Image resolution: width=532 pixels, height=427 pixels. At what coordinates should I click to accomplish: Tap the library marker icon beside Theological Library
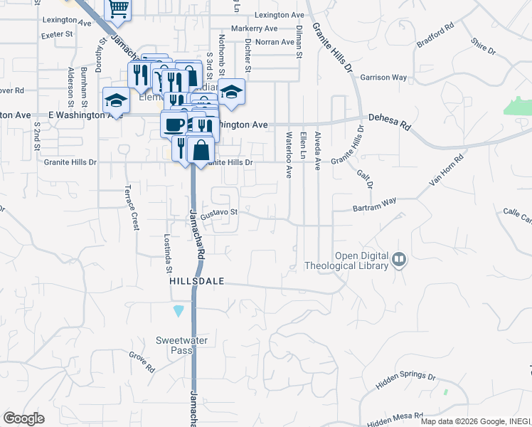click(x=399, y=260)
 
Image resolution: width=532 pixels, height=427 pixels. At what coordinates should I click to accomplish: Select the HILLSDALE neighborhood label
click(x=197, y=282)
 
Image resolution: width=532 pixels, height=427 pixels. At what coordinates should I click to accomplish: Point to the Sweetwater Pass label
click(x=183, y=345)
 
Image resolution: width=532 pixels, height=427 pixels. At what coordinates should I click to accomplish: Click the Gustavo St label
click(x=218, y=213)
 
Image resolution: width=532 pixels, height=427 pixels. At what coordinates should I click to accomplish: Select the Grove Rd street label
click(x=142, y=362)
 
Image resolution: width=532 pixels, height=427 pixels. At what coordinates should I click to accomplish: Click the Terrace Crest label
click(x=132, y=207)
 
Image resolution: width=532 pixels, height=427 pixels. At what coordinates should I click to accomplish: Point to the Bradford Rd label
click(x=435, y=38)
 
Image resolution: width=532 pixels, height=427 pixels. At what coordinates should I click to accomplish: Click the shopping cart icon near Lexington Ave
click(x=118, y=9)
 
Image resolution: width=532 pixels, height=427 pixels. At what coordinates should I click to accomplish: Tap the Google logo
click(x=24, y=418)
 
